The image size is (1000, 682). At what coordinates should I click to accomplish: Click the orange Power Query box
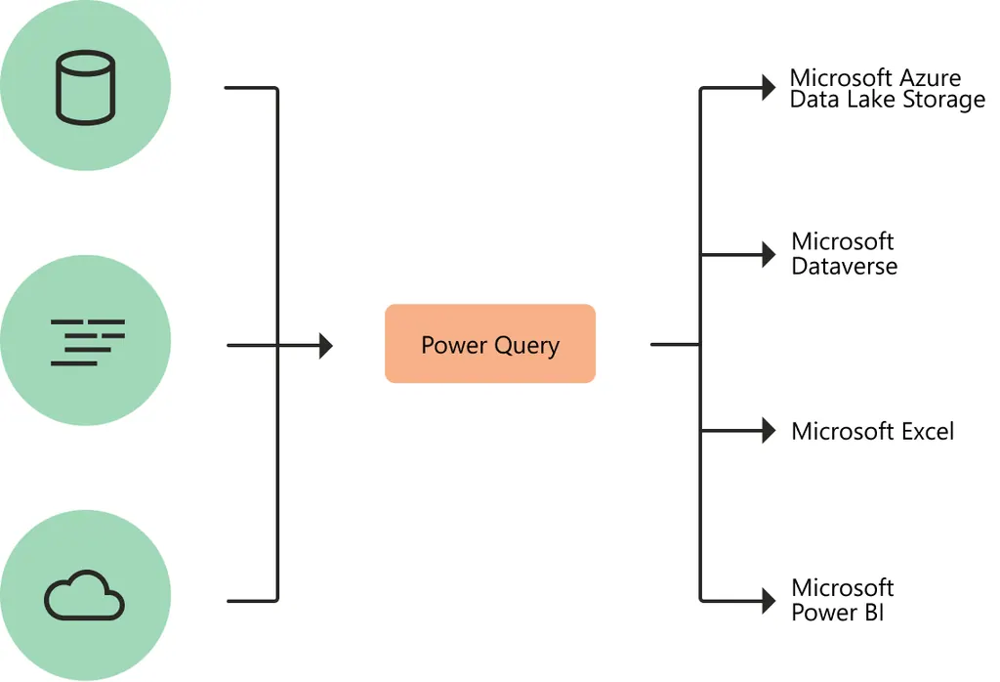coord(489,343)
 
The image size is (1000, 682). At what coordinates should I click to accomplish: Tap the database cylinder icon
coord(85,89)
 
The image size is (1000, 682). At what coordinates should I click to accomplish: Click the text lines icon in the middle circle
coord(87,342)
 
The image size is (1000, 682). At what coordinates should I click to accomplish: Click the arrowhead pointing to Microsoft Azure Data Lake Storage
coord(768,89)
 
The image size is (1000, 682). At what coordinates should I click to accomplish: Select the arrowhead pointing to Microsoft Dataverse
coord(768,255)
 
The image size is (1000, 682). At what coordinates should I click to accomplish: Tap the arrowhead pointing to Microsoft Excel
coord(768,431)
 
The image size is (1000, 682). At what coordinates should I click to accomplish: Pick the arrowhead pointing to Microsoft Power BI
coord(768,600)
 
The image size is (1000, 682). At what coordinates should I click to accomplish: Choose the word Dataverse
coord(844,267)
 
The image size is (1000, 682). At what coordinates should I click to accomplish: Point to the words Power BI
coord(837,613)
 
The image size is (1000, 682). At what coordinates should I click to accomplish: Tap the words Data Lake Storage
coord(887,101)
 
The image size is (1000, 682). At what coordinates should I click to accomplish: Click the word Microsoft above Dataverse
coord(842,241)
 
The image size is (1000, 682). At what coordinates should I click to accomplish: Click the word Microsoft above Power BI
coord(842,588)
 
